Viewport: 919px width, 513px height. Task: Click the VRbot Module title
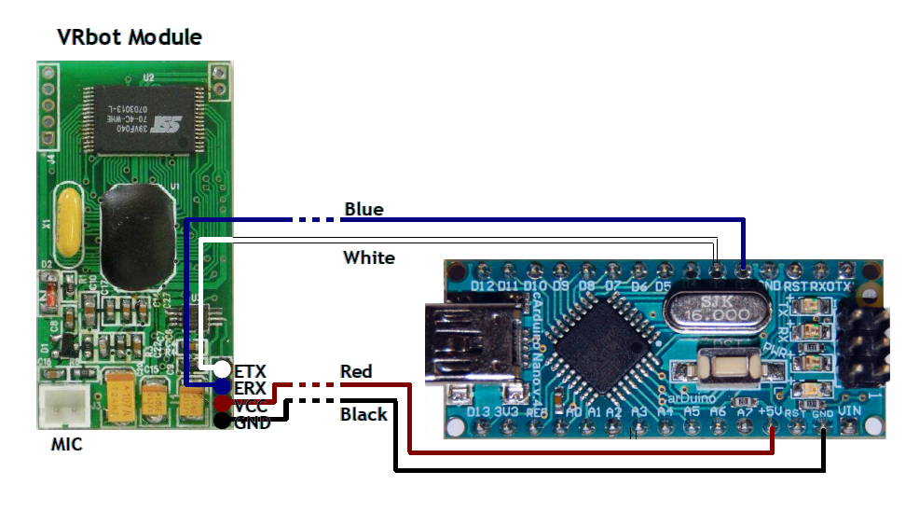[130, 37]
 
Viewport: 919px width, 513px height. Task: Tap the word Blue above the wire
[363, 209]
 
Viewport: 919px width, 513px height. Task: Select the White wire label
[369, 257]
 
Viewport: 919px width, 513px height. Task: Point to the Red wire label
[356, 372]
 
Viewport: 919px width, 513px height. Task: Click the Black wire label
[363, 414]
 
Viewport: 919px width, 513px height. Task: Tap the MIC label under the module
[66, 445]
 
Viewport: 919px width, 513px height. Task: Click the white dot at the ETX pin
[222, 370]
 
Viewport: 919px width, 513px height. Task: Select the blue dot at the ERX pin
[223, 386]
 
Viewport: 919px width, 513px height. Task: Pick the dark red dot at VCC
[223, 403]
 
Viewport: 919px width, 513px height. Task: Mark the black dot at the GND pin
[222, 421]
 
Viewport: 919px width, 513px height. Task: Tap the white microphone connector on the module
[62, 408]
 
